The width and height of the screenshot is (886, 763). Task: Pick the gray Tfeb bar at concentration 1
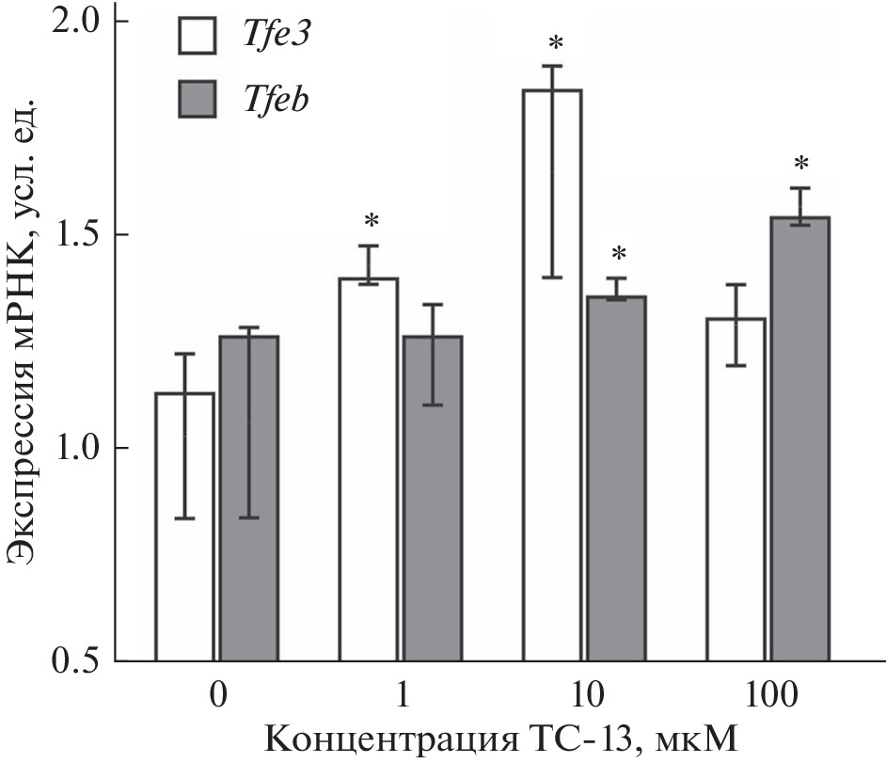point(432,564)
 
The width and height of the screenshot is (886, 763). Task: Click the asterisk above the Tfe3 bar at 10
point(556,43)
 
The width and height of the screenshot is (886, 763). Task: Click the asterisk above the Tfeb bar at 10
point(618,254)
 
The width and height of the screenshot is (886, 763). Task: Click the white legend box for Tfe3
point(198,35)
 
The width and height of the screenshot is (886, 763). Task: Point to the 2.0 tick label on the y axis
point(80,21)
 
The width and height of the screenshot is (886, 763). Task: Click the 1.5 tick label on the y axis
point(80,234)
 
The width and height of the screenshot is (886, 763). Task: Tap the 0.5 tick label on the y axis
point(80,661)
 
